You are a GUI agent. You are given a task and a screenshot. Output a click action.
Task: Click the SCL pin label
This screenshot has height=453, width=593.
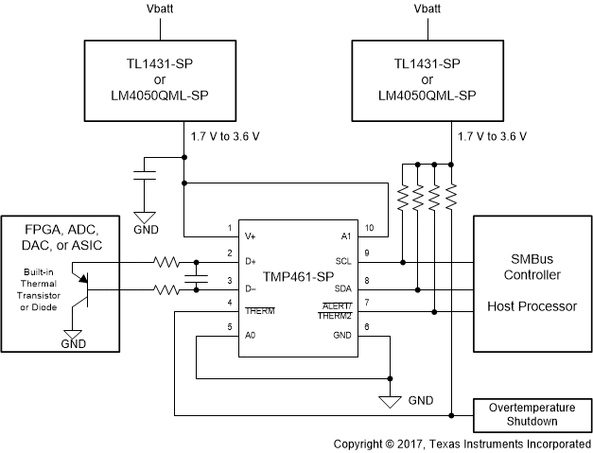coord(343,260)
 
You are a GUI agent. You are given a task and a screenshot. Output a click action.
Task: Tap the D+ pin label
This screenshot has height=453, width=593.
coord(251,260)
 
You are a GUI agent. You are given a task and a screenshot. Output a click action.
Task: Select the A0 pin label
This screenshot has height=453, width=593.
coord(251,334)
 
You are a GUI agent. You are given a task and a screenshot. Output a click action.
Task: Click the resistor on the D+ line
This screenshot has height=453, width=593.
coord(168,261)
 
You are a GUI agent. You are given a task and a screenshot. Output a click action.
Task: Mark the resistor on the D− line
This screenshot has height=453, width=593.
coord(168,290)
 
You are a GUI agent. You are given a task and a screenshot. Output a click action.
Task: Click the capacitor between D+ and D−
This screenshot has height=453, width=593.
coord(197,275)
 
